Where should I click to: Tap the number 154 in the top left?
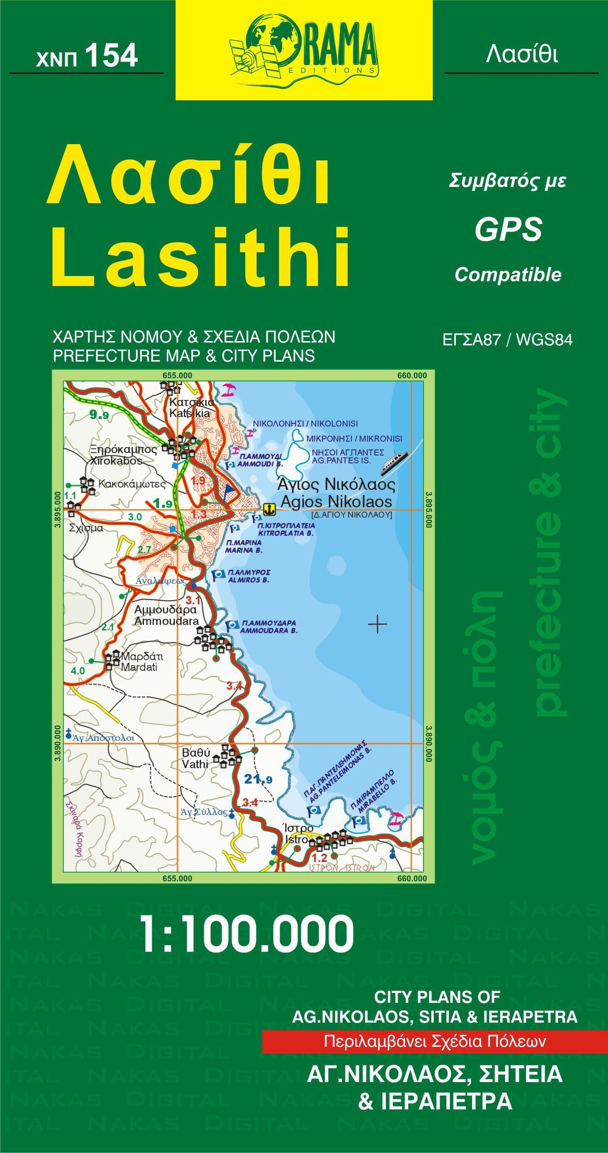coord(111,57)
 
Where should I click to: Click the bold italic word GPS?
coord(508,230)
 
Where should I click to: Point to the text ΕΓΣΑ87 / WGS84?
coord(507,340)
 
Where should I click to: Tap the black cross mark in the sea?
coord(377,624)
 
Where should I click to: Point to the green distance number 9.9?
coord(99,415)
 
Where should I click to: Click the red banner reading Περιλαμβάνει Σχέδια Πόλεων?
coord(434,1042)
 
